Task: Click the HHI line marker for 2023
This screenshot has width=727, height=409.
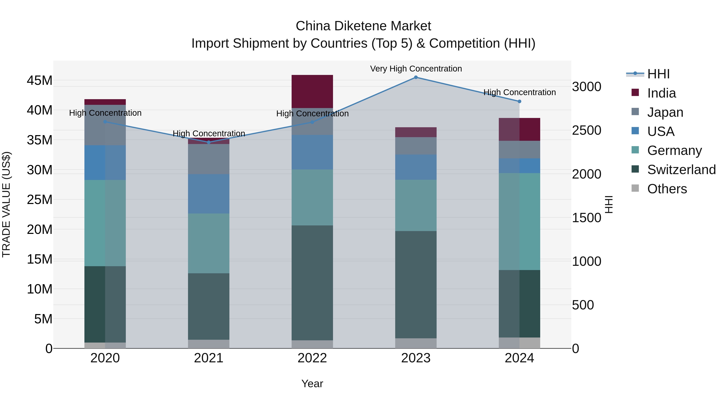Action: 416,77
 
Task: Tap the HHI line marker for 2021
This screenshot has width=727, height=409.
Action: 209,142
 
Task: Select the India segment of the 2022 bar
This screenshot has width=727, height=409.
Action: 312,91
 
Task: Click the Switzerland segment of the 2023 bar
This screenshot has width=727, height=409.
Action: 416,285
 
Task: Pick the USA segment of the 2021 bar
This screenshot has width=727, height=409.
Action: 209,194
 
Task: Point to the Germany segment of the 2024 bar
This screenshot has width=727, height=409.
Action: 519,221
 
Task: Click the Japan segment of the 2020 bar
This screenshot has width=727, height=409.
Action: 105,125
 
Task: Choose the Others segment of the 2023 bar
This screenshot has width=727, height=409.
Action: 416,343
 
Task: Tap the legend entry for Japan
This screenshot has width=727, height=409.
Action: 665,112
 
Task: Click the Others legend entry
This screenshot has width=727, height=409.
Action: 667,189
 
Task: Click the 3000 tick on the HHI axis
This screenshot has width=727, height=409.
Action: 586,87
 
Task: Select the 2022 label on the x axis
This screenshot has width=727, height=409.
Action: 312,358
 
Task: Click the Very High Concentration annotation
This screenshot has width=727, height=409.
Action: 416,69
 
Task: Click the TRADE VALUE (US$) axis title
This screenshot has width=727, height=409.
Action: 6,204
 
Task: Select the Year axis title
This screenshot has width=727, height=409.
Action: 312,384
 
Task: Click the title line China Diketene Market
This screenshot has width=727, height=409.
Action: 363,26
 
